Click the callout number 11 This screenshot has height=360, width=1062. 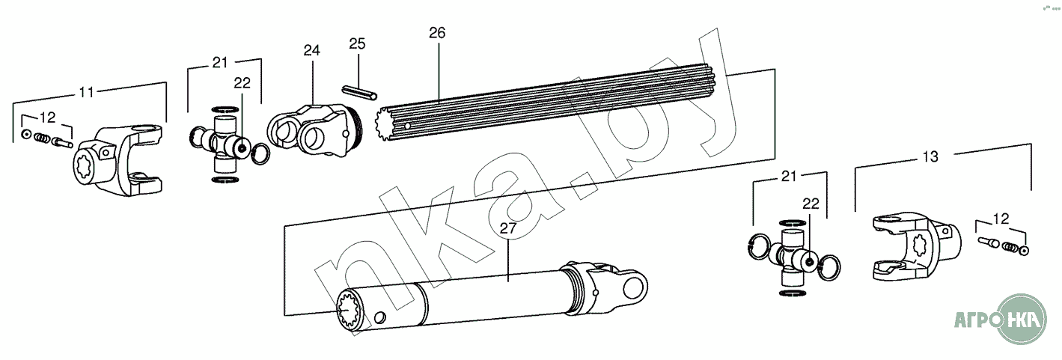pos(87,92)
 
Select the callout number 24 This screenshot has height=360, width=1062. pos(311,50)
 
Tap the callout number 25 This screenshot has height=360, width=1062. pos(357,44)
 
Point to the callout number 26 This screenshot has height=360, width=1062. pos(437,33)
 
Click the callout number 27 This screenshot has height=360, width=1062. pos(507,228)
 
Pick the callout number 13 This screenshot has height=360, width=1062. pos(930,157)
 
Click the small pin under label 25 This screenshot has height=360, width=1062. pos(358,92)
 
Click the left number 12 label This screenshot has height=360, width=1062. pos(47,117)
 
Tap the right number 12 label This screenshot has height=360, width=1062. pos(1001,219)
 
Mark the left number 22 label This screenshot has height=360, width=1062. pos(242,83)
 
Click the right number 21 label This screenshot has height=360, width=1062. pos(788,177)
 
